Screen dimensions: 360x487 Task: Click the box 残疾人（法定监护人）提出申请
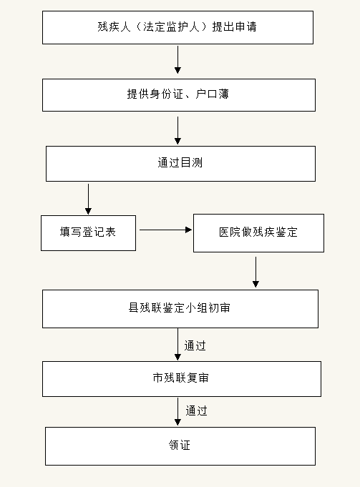click(177, 27)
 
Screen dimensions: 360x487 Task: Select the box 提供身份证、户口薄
click(179, 95)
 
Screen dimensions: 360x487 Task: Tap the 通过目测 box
click(180, 164)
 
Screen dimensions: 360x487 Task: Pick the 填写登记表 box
click(88, 233)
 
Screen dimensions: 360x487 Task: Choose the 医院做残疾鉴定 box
click(258, 233)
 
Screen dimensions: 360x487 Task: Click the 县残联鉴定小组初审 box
click(180, 309)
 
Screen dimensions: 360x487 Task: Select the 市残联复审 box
click(182, 379)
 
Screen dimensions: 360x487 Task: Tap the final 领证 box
click(180, 446)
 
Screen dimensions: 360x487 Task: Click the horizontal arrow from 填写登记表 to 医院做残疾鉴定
click(165, 230)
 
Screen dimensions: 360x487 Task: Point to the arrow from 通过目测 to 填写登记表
click(88, 199)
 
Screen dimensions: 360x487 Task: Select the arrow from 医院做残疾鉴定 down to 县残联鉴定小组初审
click(256, 272)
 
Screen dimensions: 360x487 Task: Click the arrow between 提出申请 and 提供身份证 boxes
click(177, 59)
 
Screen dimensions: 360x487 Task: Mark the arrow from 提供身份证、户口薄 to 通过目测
click(177, 130)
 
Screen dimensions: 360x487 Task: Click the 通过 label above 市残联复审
click(195, 345)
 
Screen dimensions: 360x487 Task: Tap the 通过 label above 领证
click(197, 410)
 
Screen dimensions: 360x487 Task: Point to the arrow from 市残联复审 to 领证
click(177, 411)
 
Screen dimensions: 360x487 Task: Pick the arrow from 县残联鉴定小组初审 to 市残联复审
click(177, 344)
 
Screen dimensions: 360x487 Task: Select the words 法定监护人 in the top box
click(171, 26)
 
